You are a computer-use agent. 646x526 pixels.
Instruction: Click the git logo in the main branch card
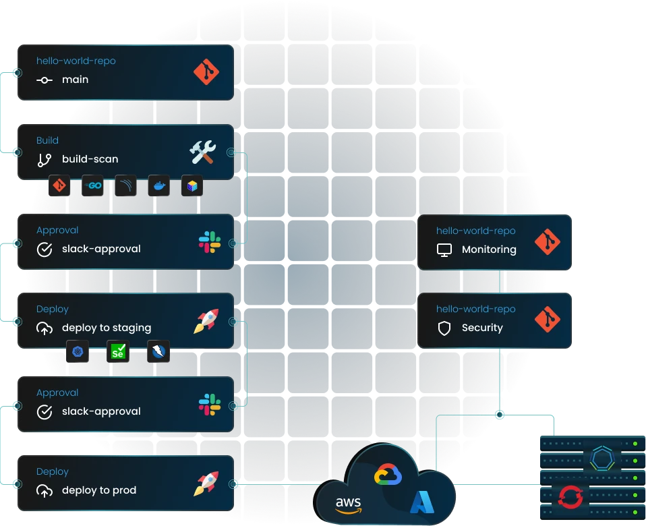[x=206, y=72]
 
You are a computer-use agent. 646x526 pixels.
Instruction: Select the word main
[x=75, y=80]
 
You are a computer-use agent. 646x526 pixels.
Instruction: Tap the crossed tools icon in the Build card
[x=202, y=152]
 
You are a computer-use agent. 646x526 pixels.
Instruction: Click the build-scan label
[x=90, y=159]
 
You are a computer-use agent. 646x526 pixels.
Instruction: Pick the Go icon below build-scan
[x=92, y=186]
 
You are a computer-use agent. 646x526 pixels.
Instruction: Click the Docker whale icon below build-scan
[x=159, y=186]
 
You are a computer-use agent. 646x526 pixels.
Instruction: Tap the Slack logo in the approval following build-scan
[x=209, y=242]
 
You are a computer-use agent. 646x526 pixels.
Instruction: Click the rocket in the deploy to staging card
[x=206, y=321]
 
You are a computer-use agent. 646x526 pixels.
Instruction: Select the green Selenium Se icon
[x=118, y=351]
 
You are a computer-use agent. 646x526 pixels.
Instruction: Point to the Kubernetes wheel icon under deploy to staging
[x=78, y=351]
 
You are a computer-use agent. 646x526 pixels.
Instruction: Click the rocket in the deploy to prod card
[x=206, y=484]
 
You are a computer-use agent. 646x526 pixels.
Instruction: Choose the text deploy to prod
[x=99, y=490]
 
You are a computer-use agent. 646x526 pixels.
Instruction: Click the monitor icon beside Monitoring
[x=444, y=250]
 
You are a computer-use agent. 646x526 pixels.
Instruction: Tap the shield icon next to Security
[x=444, y=328]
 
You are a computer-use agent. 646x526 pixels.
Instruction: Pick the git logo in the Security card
[x=547, y=320]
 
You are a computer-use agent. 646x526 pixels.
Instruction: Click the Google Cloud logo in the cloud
[x=388, y=475]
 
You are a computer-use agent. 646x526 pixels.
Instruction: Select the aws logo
[x=348, y=504]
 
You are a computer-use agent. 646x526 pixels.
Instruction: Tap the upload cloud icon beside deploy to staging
[x=45, y=328]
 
